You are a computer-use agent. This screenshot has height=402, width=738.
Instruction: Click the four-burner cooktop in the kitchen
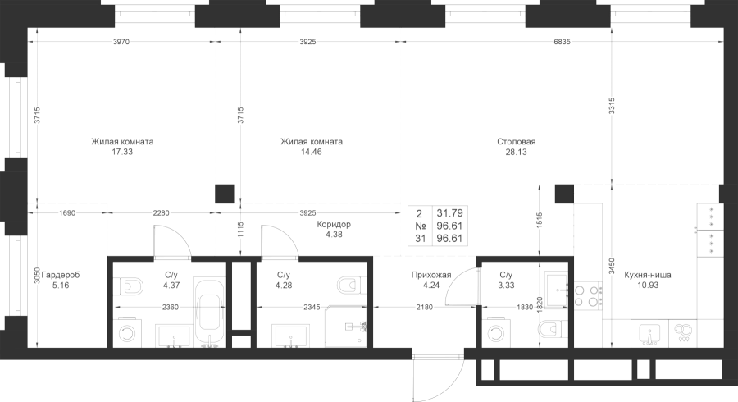[589, 295]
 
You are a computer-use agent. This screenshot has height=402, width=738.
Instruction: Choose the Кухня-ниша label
[648, 275]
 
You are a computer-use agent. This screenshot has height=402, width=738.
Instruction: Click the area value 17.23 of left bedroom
[122, 151]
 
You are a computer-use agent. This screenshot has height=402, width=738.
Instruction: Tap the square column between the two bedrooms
[225, 194]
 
